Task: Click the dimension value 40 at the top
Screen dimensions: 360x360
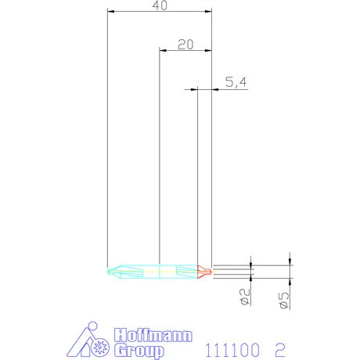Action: tap(159, 5)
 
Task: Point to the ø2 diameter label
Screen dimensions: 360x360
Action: tap(244, 298)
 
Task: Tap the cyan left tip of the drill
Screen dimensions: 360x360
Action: tap(110, 272)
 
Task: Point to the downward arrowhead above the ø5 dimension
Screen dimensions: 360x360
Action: tap(290, 261)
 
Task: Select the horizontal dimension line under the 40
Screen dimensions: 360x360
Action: tap(159, 13)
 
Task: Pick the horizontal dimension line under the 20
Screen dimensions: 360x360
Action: tap(185, 52)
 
